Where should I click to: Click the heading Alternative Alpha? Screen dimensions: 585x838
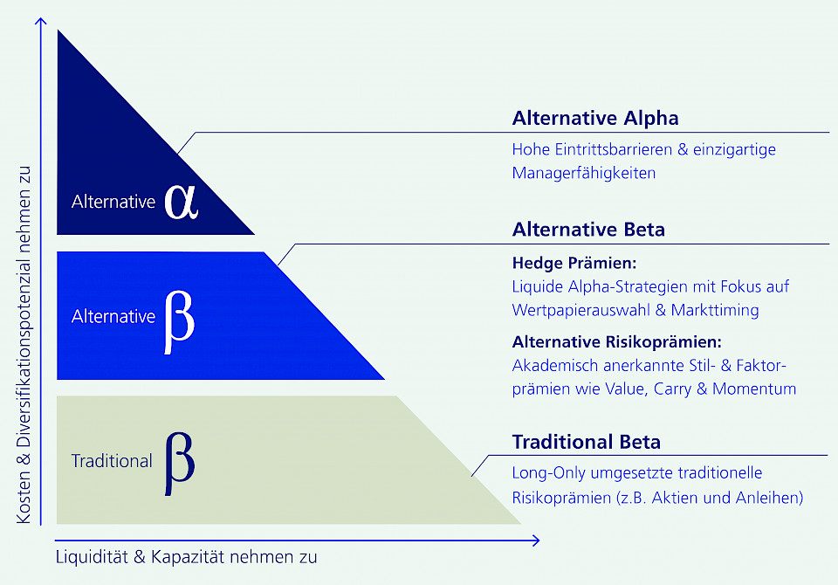point(595,118)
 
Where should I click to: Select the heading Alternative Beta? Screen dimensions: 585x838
point(588,230)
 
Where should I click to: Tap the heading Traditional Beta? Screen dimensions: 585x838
point(586,442)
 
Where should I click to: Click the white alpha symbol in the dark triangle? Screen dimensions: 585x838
point(181,201)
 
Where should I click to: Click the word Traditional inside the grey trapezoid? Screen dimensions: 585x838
point(112,461)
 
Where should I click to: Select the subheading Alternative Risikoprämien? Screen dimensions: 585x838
point(617,341)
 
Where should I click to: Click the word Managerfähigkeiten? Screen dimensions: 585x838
point(583,173)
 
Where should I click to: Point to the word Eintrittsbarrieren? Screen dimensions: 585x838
point(612,149)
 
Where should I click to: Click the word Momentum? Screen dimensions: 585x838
point(754,389)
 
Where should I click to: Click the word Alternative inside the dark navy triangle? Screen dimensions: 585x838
point(113,202)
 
